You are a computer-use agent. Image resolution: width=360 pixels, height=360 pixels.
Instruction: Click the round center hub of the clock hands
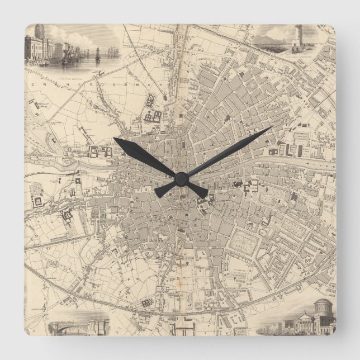click(180, 178)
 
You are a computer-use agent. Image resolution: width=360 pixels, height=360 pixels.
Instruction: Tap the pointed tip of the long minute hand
click(271, 128)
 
